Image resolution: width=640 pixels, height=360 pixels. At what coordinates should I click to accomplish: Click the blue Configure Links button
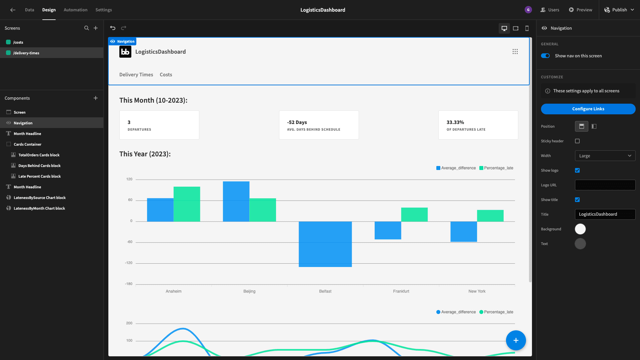(x=588, y=109)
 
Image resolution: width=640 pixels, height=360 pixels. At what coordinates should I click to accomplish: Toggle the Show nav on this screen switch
(x=545, y=56)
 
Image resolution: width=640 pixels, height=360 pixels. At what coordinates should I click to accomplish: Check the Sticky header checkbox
(x=577, y=141)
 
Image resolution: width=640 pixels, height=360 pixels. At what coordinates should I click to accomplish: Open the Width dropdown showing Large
(x=605, y=156)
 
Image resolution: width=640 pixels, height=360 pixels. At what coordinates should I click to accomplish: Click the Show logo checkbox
(x=577, y=170)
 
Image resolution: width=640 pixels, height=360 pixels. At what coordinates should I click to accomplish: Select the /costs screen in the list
(x=18, y=42)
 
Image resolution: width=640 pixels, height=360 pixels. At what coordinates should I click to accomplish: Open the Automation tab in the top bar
(x=75, y=10)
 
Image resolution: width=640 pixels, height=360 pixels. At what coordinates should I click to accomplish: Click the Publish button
(x=619, y=10)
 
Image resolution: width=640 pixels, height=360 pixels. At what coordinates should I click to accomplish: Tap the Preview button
(x=581, y=10)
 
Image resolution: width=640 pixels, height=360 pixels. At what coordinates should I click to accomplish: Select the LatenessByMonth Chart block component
(x=39, y=208)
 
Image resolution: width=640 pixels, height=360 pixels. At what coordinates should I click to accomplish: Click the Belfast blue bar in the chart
(x=325, y=244)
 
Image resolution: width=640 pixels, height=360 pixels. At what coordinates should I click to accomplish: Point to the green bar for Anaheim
(x=187, y=204)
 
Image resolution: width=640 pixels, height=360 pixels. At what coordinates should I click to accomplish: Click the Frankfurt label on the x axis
(x=401, y=291)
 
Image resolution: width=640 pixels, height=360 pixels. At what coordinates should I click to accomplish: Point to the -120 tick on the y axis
(x=129, y=263)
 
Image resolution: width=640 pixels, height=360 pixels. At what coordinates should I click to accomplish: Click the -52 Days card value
(x=297, y=122)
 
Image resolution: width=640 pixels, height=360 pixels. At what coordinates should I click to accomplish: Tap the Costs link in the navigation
(x=166, y=75)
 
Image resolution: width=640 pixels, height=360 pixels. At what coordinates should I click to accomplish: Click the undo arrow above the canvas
(x=113, y=28)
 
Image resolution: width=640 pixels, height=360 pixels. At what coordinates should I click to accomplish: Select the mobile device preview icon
(x=527, y=28)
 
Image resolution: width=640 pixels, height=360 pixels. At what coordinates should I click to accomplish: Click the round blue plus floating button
(x=516, y=340)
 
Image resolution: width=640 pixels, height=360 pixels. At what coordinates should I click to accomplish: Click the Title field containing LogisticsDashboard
(x=605, y=214)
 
